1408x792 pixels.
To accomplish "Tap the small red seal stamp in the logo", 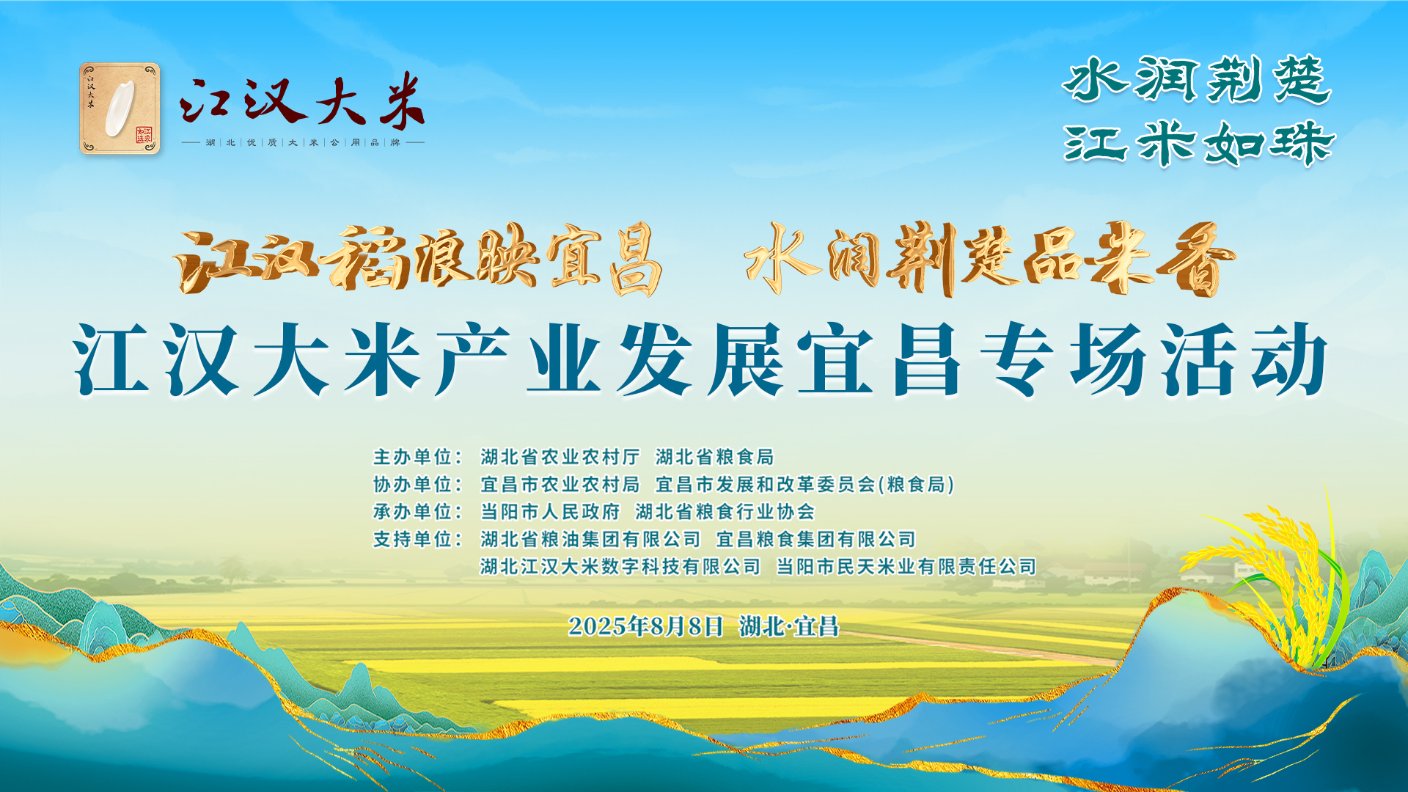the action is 144,134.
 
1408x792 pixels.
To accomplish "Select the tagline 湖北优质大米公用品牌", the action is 303,142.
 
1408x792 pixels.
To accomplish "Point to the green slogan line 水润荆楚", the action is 1198,80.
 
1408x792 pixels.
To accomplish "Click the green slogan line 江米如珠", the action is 1200,142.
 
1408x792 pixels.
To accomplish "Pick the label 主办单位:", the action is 418,457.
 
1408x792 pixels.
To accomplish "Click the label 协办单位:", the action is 418,484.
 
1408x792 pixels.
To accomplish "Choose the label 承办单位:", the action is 418,511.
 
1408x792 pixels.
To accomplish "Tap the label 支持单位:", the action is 418,539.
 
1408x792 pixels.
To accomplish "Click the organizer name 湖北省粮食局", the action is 715,457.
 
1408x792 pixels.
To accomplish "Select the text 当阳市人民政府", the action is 550,511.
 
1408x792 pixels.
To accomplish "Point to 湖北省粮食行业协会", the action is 725,511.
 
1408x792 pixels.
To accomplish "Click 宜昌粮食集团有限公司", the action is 816,539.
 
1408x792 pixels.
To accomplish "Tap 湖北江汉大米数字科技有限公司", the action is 620,566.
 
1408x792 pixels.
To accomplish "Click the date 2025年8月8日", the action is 646,626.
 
